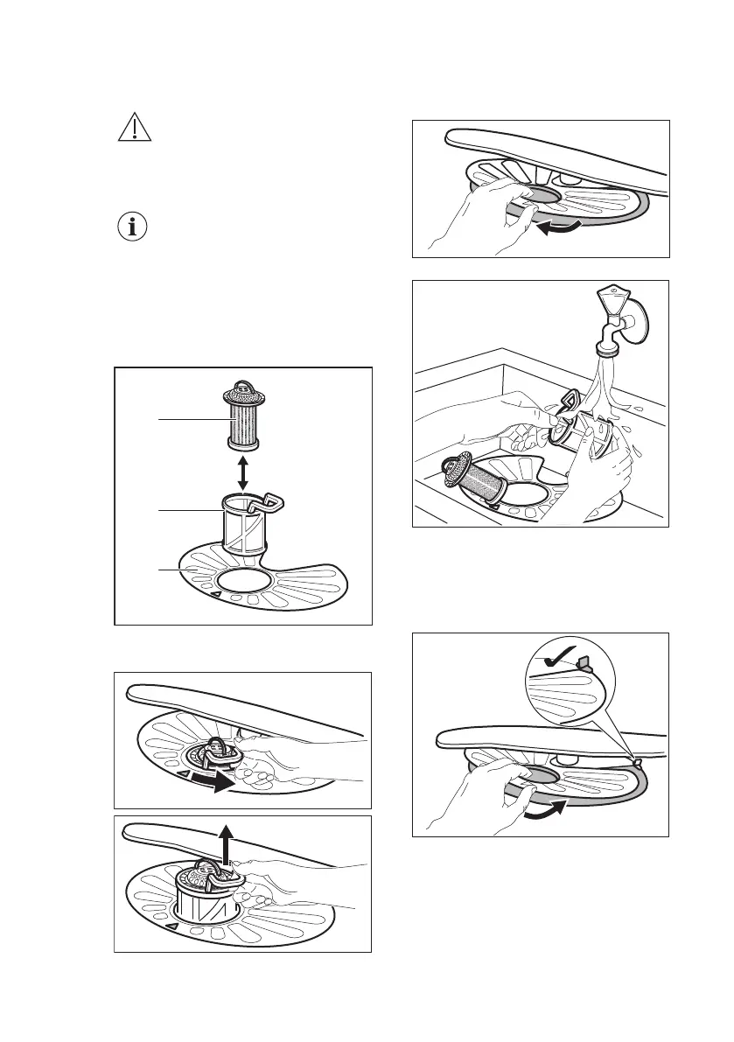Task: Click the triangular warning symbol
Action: (134, 129)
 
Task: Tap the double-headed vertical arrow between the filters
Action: (243, 472)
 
